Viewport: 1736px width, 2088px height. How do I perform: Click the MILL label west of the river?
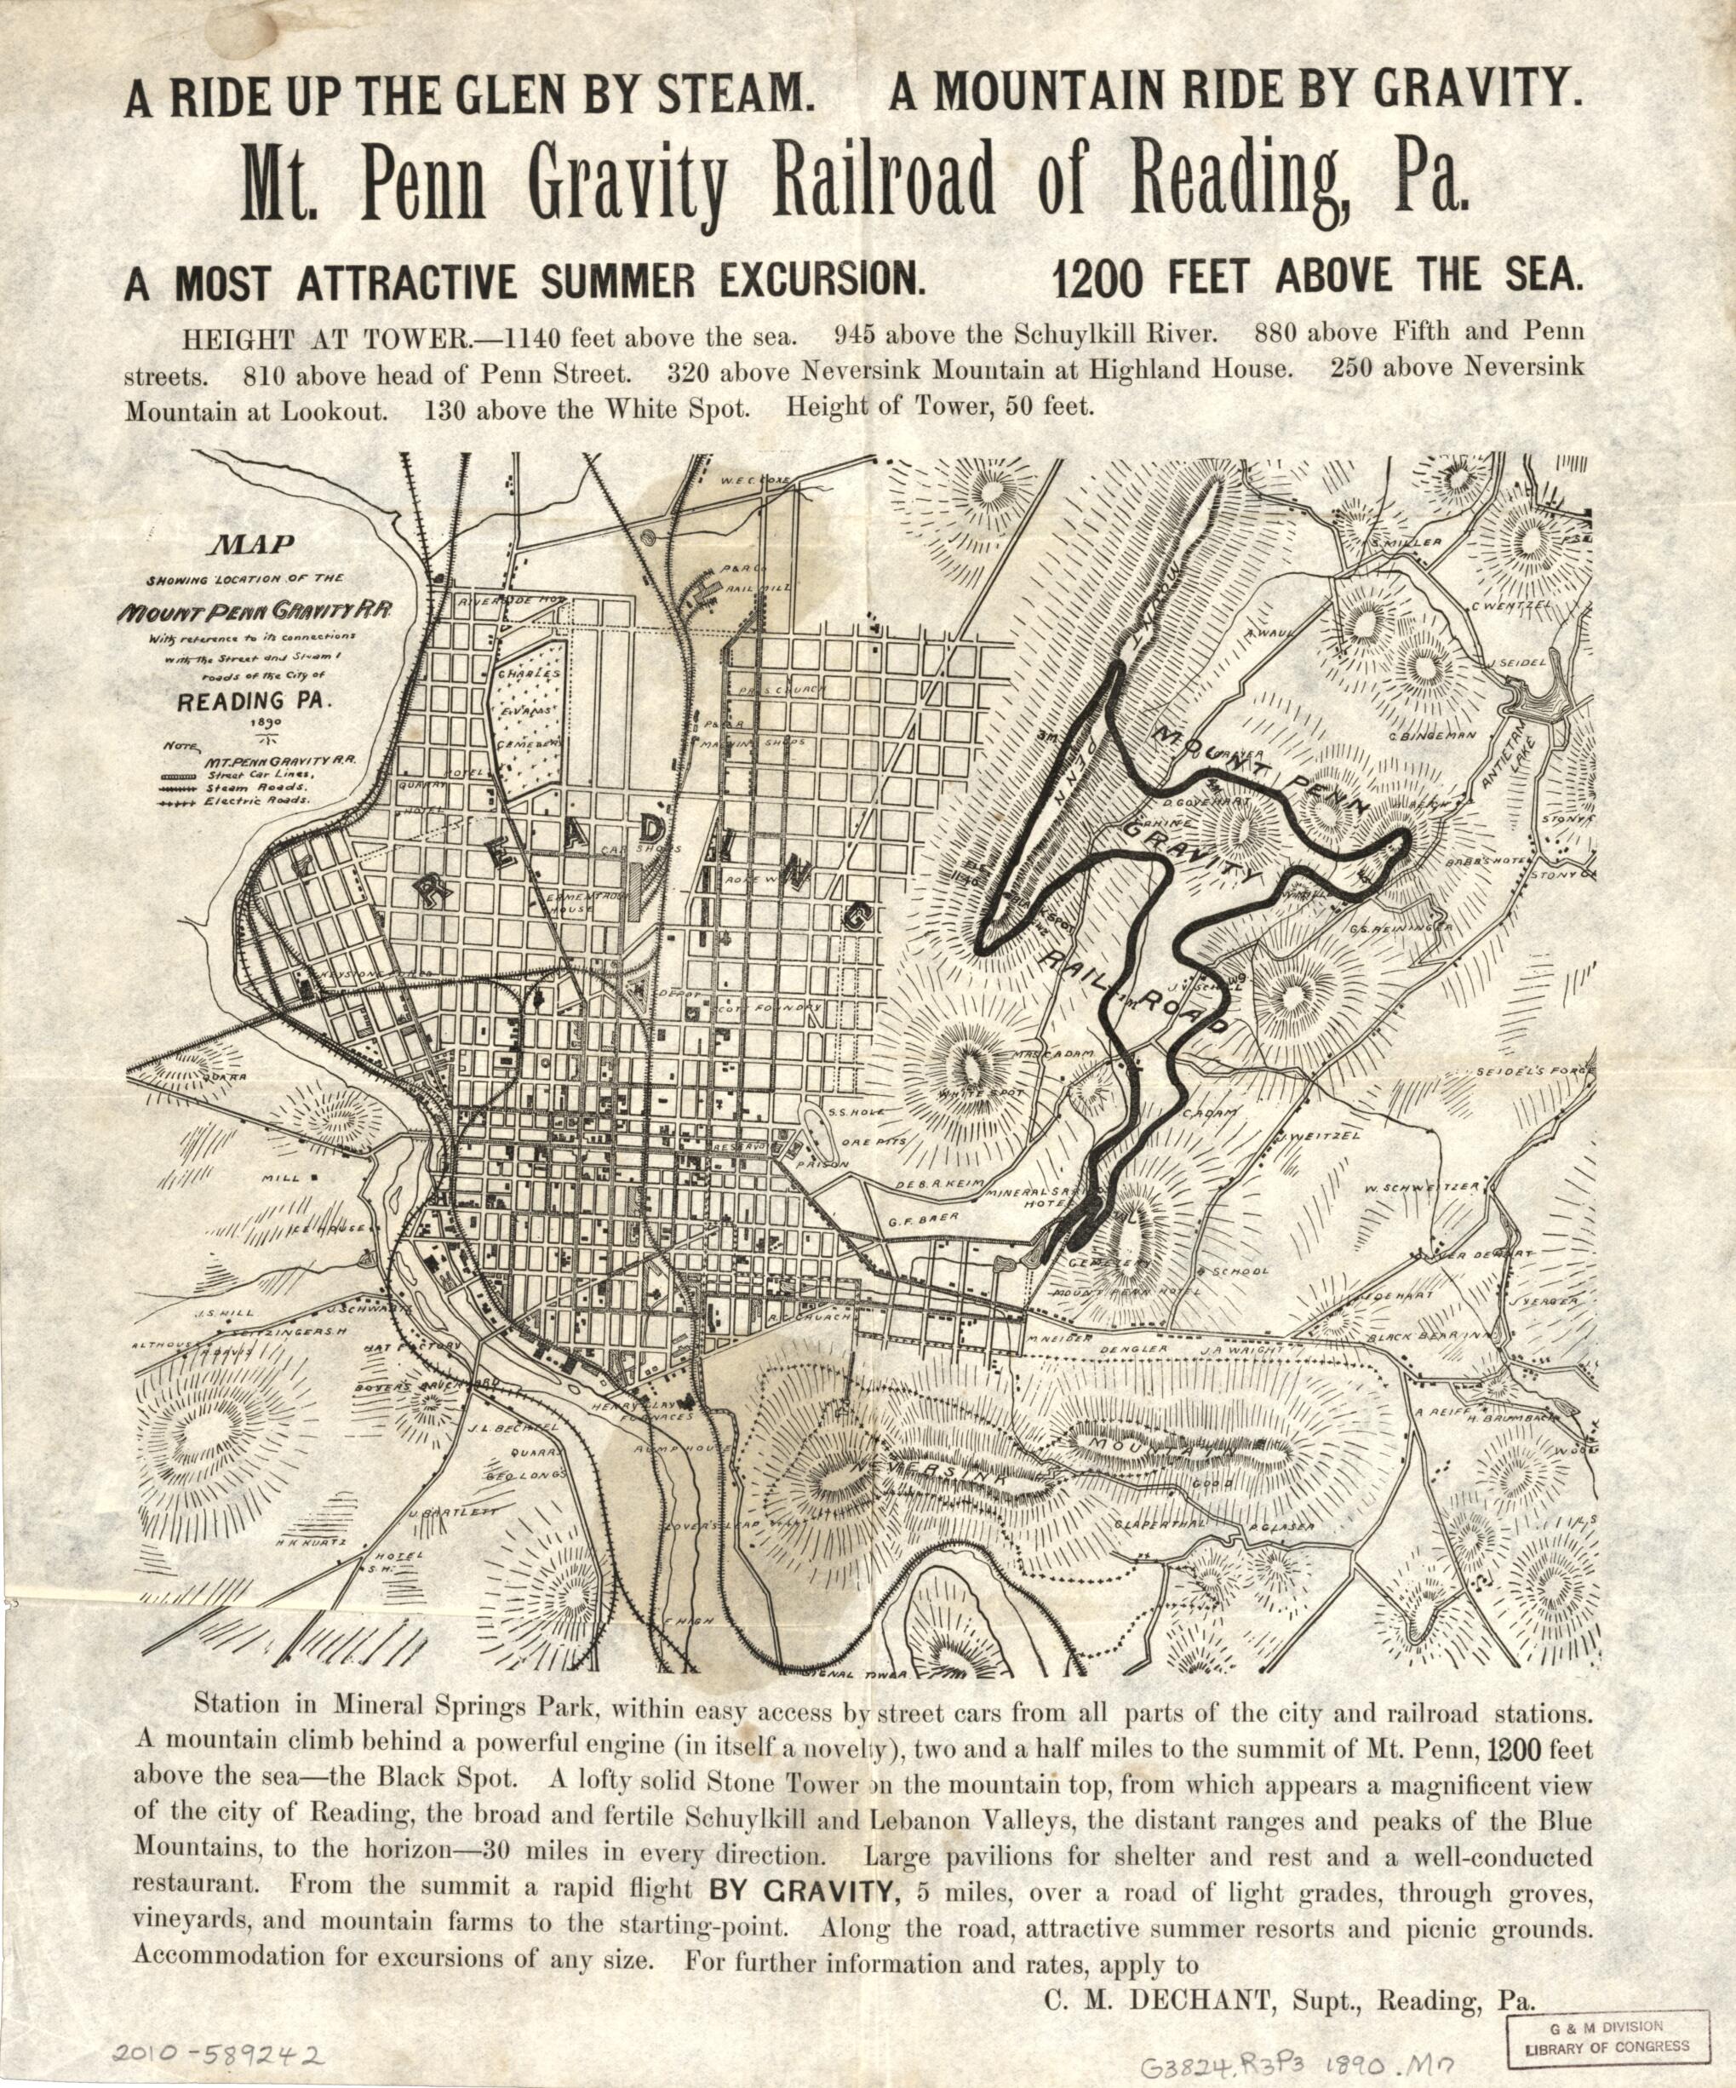pos(280,1179)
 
